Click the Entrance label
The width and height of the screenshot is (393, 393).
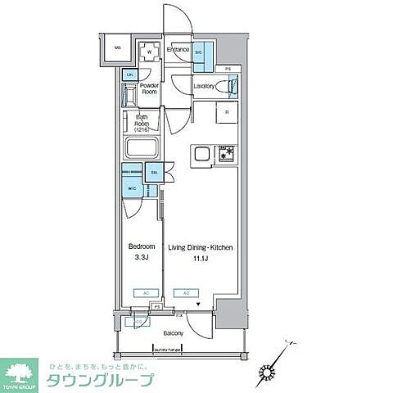pyautogui.click(x=178, y=51)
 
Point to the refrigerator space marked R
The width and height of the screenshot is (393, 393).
pyautogui.click(x=226, y=113)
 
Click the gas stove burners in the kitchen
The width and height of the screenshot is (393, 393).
pyautogui.click(x=224, y=152)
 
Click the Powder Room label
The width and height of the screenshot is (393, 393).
pyautogui.click(x=148, y=88)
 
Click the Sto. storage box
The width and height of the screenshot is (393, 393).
pyautogui.click(x=155, y=173)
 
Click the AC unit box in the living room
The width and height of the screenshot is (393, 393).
pyautogui.click(x=186, y=292)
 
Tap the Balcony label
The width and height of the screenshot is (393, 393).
pyautogui.click(x=173, y=333)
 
